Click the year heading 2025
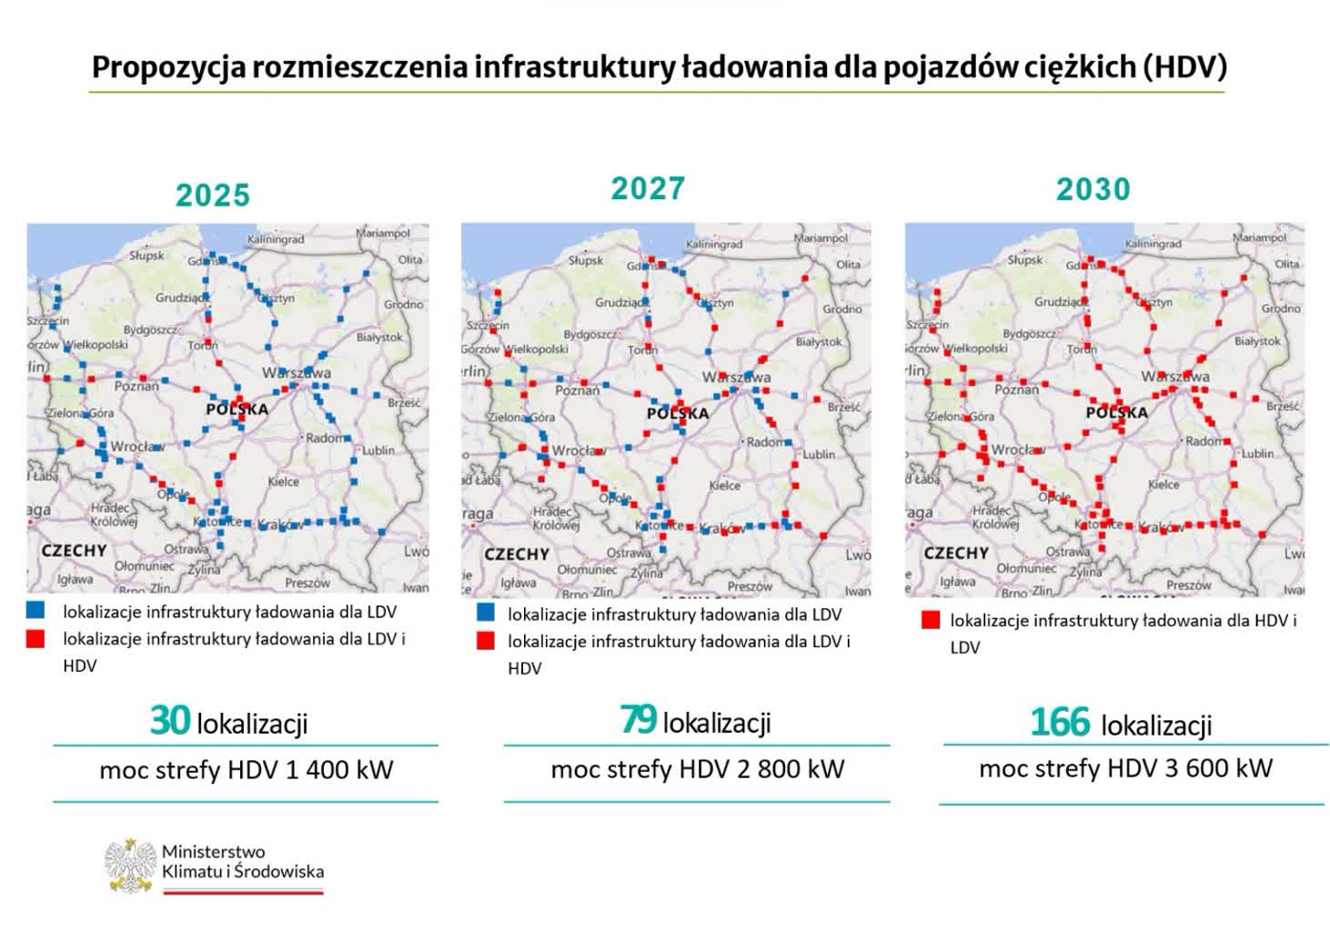coord(212,195)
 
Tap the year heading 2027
coord(648,188)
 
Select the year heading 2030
coord(1093,189)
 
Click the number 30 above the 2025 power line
coord(170,720)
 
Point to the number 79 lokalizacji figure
coord(639,719)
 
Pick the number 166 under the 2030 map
coord(1059,723)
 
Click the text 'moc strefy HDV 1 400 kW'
coord(246,771)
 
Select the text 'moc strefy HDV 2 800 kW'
coord(697,770)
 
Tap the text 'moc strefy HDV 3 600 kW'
coord(1125,768)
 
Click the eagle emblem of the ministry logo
coord(130,865)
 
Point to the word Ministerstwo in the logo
coord(213,852)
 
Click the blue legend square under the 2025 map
coord(35,610)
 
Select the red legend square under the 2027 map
coord(486,641)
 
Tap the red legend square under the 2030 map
coord(930,620)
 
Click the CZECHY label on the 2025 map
coord(73,550)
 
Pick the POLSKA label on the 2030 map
coord(1116,412)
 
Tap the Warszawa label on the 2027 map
coord(736,376)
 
